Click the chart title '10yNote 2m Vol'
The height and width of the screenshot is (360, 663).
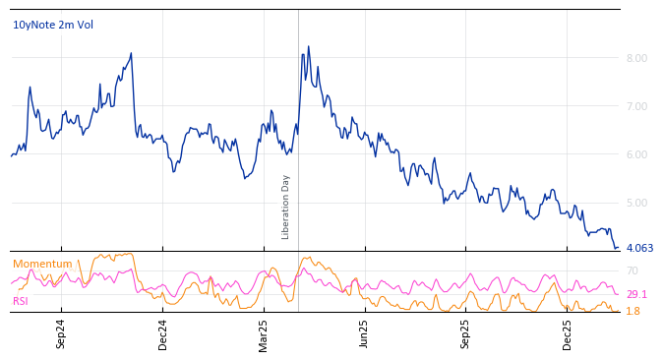click(53, 25)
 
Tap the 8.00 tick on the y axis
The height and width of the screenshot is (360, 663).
click(636, 58)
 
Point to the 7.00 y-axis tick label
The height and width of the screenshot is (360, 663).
click(636, 106)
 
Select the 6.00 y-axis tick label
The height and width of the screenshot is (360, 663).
click(636, 154)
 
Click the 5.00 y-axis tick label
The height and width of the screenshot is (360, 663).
click(636, 203)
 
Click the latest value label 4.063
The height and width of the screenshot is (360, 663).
click(639, 248)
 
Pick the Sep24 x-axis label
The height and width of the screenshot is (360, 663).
click(61, 333)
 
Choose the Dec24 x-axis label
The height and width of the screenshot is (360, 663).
click(163, 333)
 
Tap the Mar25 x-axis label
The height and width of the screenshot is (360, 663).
click(264, 333)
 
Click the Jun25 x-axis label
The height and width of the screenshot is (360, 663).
click(364, 333)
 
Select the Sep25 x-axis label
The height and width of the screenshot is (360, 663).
click(465, 333)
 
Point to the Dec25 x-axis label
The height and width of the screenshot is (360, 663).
click(567, 333)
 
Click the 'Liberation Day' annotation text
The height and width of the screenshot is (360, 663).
click(286, 207)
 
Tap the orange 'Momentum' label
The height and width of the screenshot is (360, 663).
click(42, 264)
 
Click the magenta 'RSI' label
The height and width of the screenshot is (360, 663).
click(21, 301)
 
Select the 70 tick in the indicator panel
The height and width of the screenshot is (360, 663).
click(633, 270)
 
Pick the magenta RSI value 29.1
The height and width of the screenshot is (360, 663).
click(636, 294)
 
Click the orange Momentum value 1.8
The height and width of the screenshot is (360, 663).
click(633, 311)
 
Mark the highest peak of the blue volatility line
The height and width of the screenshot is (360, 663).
click(308, 46)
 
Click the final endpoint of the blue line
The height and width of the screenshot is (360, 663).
click(618, 248)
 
